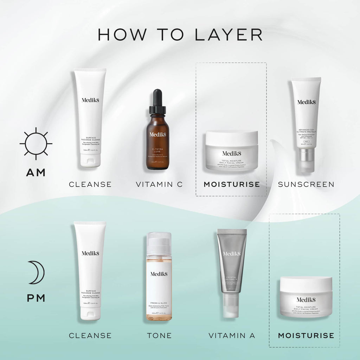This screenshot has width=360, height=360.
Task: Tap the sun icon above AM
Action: (36, 143)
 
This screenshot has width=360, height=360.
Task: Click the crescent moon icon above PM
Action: (36, 272)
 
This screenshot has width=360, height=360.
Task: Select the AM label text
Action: (36, 173)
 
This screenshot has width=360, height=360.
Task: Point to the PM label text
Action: (36, 298)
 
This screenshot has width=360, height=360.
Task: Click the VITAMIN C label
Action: (159, 184)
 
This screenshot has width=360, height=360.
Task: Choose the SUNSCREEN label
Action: (306, 184)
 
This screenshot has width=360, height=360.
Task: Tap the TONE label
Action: (159, 335)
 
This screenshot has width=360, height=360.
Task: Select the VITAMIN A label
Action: (232, 335)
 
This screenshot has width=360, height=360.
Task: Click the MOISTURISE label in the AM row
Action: (232, 184)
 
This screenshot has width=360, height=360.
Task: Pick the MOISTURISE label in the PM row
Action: (306, 335)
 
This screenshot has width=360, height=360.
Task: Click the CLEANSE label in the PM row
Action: (90, 335)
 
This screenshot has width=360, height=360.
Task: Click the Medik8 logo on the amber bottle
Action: (157, 134)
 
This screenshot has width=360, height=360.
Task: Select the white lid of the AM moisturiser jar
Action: (232, 137)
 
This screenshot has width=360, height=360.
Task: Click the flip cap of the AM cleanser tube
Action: (90, 160)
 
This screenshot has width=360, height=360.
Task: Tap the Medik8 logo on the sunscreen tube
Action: (306, 102)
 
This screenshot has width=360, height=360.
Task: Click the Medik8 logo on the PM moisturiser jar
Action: (306, 300)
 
